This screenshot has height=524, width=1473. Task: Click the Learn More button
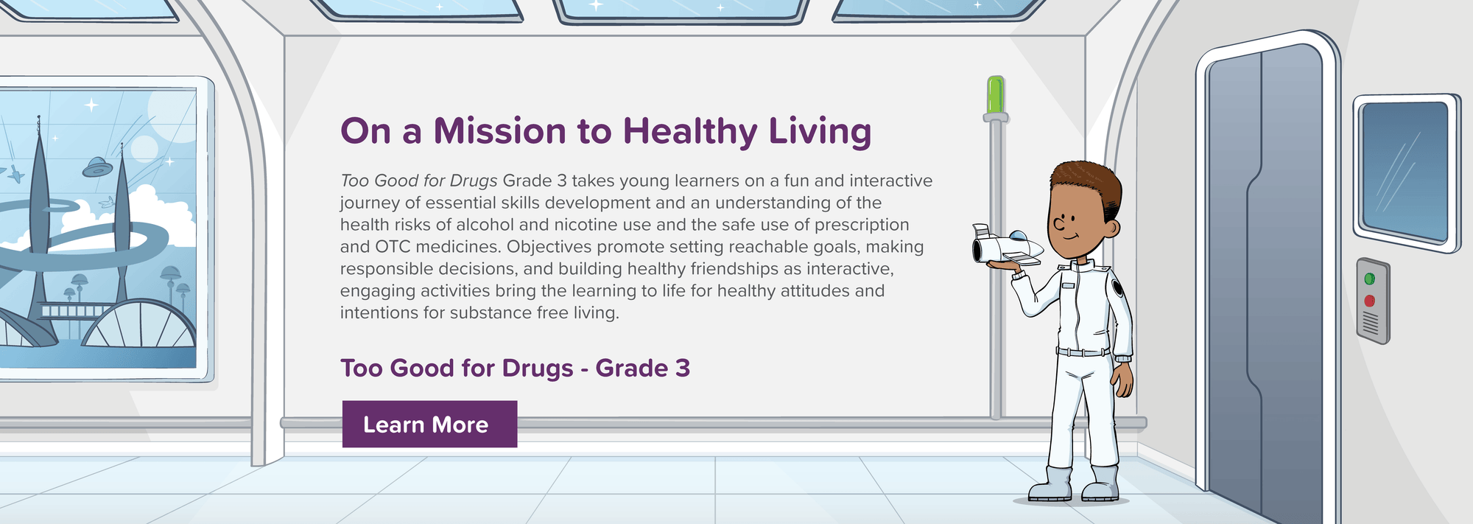pyautogui.click(x=429, y=424)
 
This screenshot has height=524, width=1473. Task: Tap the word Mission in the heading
pyautogui.click(x=500, y=131)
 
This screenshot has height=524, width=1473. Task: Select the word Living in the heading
pyautogui.click(x=820, y=133)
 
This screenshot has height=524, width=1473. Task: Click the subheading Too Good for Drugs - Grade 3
pyautogui.click(x=515, y=368)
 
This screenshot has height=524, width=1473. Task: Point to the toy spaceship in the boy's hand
pyautogui.click(x=1007, y=246)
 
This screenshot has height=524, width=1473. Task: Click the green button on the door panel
pyautogui.click(x=1369, y=279)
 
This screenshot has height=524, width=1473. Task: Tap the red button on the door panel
pyautogui.click(x=1369, y=301)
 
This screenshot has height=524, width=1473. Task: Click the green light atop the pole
pyautogui.click(x=996, y=94)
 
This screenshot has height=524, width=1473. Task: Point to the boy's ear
pyautogui.click(x=1110, y=226)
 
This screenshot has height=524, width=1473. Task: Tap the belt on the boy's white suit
pyautogui.click(x=1083, y=352)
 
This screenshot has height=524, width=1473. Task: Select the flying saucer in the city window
pyautogui.click(x=97, y=168)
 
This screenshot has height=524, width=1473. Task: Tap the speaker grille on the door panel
pyautogui.click(x=1370, y=323)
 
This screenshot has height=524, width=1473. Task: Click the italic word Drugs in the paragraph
pyautogui.click(x=474, y=181)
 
